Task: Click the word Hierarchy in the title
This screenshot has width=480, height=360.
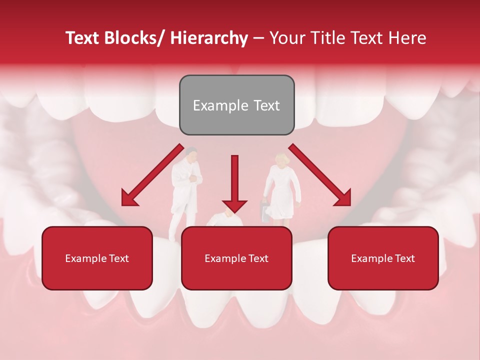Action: [209, 38]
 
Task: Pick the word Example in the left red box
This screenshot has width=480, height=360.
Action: [83, 258]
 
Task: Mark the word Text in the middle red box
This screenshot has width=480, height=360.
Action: [257, 258]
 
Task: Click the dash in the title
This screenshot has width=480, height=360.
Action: [258, 38]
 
